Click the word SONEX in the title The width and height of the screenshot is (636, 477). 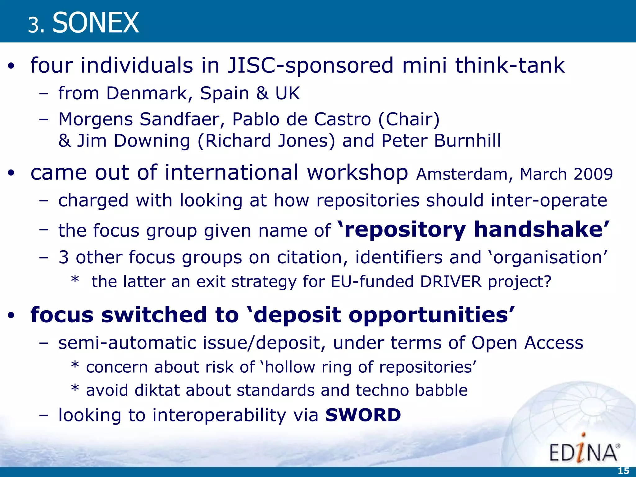96,22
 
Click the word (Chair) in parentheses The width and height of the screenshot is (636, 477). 409,119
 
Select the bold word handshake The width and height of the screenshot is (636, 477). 538,229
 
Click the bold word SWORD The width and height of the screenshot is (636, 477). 363,415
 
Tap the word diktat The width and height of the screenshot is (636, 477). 157,390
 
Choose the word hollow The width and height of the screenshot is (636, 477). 290,367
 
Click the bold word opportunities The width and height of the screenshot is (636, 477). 429,315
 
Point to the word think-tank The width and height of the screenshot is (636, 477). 510,66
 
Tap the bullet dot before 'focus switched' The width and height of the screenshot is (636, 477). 11,316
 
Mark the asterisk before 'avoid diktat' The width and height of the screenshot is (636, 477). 75,389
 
